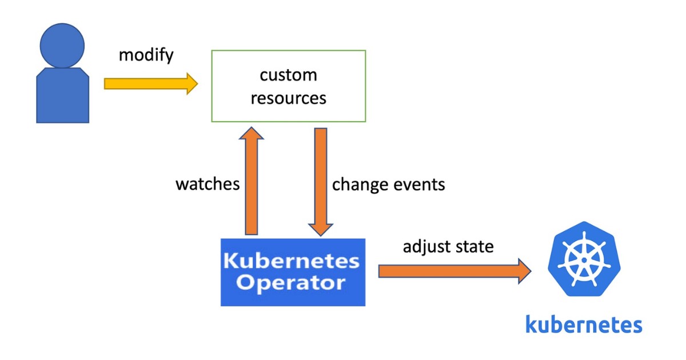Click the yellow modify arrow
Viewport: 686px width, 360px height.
point(150,84)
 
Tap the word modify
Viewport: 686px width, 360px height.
point(146,55)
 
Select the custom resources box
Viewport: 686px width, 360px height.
point(289,86)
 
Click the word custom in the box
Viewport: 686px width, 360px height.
point(288,75)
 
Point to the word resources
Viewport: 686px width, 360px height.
point(288,98)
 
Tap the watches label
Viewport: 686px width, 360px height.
point(207,185)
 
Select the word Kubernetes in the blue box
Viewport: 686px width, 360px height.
point(292,262)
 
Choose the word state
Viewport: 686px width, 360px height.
point(474,247)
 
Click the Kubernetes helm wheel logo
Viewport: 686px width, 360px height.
point(584,259)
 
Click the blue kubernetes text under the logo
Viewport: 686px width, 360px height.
point(584,324)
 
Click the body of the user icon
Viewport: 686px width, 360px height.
point(62,95)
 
